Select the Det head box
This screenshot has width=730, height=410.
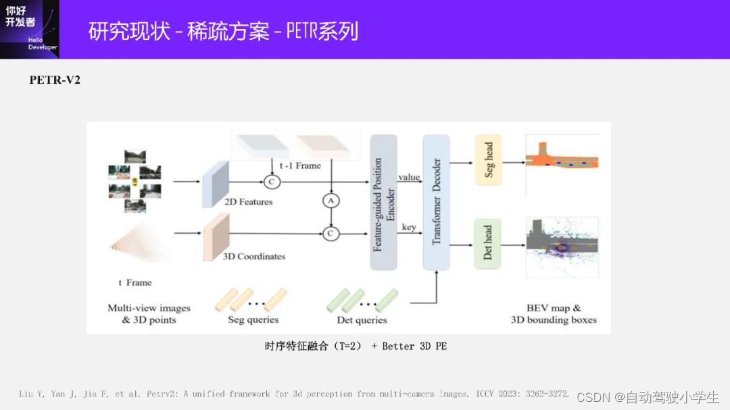487,243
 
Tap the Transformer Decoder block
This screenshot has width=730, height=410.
436,202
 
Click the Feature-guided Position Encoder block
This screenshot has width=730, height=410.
383,202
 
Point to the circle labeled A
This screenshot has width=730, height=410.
331,201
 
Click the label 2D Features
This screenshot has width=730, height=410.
247,201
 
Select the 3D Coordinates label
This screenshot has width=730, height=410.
254,257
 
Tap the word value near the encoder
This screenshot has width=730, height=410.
409,177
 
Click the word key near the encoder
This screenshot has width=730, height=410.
409,227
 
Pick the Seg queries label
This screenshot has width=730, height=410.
253,319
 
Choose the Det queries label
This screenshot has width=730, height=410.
362,319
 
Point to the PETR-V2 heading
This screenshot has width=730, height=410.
55,80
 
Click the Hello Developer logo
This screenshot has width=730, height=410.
29,29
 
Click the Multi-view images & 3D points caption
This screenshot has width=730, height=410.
149,313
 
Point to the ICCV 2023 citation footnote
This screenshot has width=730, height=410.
294,394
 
